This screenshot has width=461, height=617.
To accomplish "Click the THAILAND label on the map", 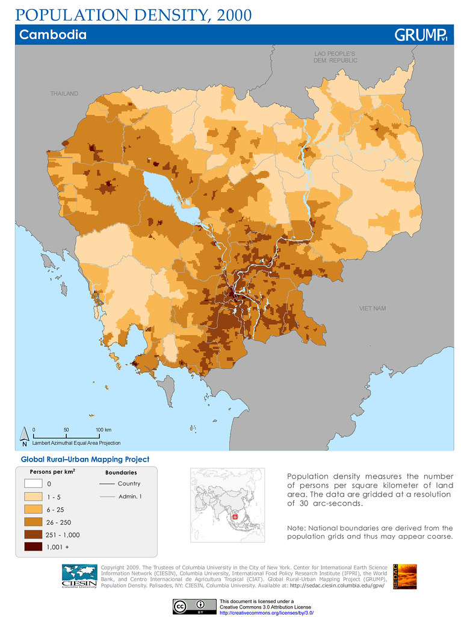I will (x=64, y=94).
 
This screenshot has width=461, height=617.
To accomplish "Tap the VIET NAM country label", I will (x=373, y=308).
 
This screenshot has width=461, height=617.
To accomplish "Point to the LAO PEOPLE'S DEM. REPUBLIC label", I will (x=335, y=57).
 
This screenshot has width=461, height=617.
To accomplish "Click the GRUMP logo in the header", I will (x=420, y=35).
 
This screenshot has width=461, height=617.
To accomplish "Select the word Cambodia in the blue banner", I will (x=53, y=35).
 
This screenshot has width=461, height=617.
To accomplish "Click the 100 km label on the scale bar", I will (x=104, y=430).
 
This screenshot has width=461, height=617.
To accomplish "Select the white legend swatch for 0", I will (x=33, y=484).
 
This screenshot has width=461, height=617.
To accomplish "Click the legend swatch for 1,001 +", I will (x=33, y=547).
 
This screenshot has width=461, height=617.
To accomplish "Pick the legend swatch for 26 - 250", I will (x=33, y=522).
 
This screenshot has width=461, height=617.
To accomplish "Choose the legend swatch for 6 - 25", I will (x=33, y=509).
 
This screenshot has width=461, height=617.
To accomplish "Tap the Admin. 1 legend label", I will (x=129, y=496).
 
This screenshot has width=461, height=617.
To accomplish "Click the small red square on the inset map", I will (x=235, y=516).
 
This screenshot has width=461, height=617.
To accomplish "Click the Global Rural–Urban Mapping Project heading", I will (x=85, y=459).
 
